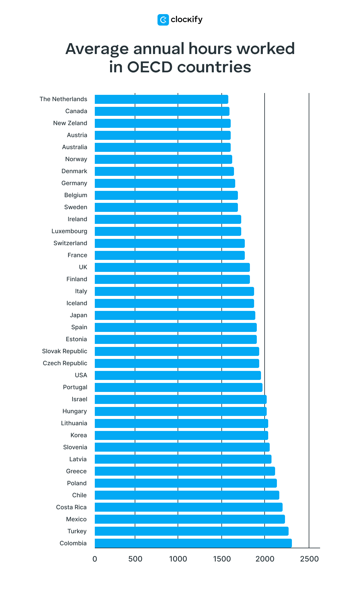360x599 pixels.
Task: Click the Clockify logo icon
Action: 163,20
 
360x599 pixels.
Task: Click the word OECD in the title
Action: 149,67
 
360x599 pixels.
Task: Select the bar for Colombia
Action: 193,543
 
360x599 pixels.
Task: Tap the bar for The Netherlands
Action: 161,99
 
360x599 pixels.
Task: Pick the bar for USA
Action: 178,375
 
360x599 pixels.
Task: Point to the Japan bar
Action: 175,315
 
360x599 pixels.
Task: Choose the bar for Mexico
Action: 190,519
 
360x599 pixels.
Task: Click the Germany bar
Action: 165,183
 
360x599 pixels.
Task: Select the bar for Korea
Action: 181,435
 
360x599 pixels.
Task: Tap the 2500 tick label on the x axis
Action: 309,559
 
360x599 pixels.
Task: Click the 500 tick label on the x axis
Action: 135,559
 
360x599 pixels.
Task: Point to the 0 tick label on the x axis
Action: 95,559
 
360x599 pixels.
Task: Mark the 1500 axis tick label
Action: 222,559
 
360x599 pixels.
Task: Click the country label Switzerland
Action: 70,243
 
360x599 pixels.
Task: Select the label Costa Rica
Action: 71,507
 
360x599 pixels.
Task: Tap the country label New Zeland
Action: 70,123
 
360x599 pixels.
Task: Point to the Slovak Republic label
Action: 64,351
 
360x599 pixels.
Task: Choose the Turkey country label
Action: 77,531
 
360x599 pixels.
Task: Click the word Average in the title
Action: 97,49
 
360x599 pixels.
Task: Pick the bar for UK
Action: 172,267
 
